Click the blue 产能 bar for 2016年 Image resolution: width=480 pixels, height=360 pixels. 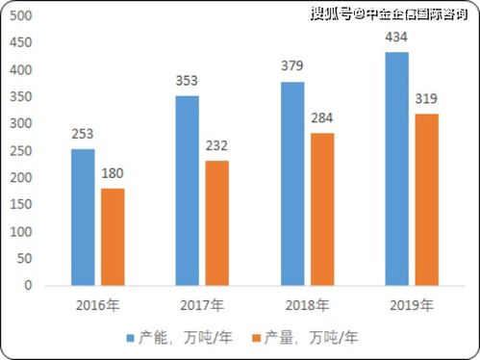click(x=83, y=218)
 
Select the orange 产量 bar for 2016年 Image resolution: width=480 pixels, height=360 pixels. click(x=113, y=237)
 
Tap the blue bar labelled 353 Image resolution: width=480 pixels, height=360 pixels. click(x=188, y=191)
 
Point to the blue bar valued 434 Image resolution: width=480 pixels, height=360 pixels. click(x=396, y=168)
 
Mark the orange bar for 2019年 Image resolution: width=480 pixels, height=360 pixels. click(x=426, y=200)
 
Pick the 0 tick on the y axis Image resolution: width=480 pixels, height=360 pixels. click(x=29, y=286)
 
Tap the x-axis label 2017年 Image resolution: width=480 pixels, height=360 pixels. click(x=203, y=305)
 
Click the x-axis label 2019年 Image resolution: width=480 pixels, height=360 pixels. click(x=412, y=305)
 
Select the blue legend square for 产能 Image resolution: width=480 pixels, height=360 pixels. click(x=130, y=338)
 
